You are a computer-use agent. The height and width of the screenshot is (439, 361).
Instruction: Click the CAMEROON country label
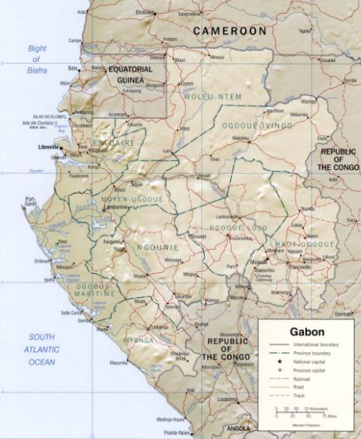[229, 31]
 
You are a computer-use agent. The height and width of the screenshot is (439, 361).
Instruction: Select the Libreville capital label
[50, 146]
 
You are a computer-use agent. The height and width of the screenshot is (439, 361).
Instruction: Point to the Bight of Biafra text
[37, 58]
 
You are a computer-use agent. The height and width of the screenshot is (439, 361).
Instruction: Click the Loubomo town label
[227, 399]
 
